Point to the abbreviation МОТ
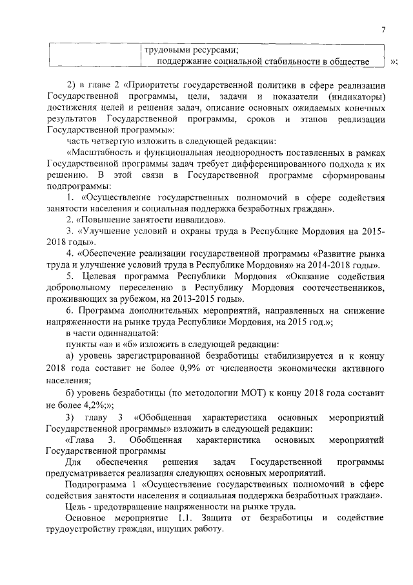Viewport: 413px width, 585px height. [244, 392]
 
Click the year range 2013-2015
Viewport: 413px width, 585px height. [200, 299]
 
